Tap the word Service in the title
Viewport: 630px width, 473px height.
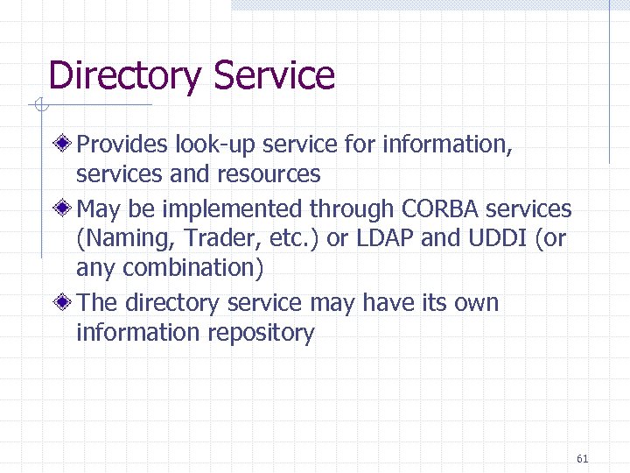coord(273,76)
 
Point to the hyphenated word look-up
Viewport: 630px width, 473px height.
coord(216,144)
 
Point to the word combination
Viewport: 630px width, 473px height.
coord(192,268)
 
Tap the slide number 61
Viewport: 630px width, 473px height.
coord(584,458)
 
